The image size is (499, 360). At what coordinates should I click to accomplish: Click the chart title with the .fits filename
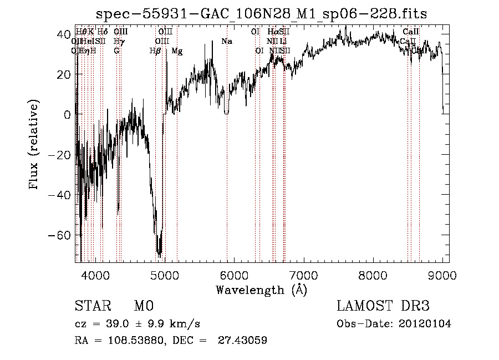(x=261, y=13)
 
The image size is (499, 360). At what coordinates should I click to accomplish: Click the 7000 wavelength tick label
(x=303, y=275)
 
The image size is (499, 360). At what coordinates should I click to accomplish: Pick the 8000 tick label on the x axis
(x=373, y=275)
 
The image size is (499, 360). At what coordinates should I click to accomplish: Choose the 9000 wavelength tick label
(x=442, y=275)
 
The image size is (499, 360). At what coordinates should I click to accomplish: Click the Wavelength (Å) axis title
(x=261, y=290)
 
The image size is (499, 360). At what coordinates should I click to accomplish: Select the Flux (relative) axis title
(x=34, y=145)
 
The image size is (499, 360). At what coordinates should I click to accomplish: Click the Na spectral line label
(x=226, y=42)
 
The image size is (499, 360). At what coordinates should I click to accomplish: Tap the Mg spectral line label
(x=177, y=51)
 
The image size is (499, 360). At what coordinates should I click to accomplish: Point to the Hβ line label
(x=155, y=51)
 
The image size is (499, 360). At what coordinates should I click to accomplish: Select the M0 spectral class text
(x=143, y=306)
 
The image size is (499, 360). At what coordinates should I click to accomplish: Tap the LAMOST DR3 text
(x=383, y=306)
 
